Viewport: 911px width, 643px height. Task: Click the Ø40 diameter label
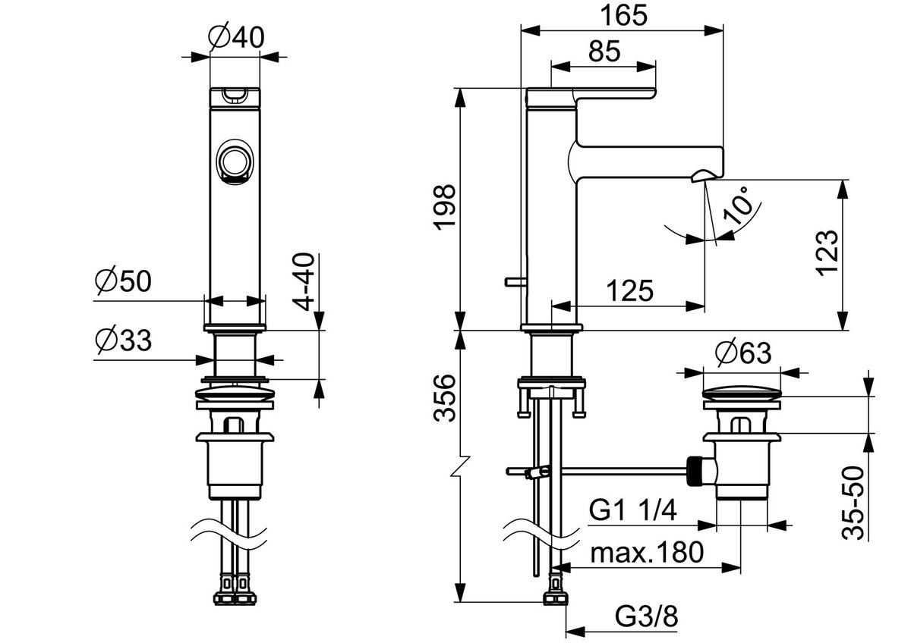click(x=236, y=37)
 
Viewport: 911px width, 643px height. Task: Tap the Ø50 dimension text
click(x=123, y=281)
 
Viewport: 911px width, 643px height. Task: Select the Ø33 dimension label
click(x=123, y=340)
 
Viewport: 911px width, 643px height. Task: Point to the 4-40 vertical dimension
click(x=304, y=281)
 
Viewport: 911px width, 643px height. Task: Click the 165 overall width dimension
click(x=623, y=15)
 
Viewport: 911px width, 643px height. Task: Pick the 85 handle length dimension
click(x=604, y=51)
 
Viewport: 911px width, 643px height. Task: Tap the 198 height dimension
click(x=445, y=207)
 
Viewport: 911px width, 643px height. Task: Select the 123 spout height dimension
click(x=827, y=253)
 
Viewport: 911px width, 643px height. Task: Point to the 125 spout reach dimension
click(x=629, y=290)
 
